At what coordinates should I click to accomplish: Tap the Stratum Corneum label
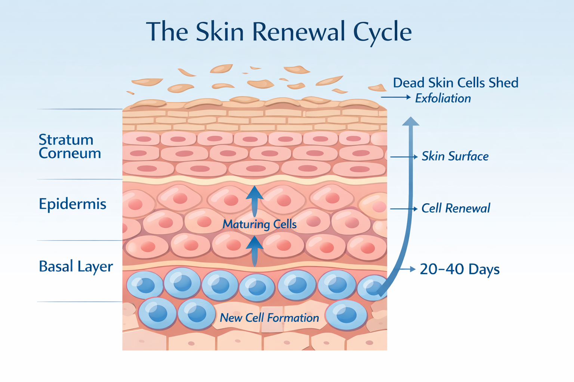[x=70, y=146]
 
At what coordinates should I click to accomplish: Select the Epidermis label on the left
[x=72, y=204]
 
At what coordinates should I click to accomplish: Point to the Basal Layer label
[x=75, y=267]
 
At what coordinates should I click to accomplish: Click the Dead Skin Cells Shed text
[x=456, y=83]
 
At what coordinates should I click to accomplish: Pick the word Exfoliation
[x=443, y=98]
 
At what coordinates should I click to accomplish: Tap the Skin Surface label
[x=455, y=156]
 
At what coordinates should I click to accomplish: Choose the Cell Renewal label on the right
[x=456, y=208]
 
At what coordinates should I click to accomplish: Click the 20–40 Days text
[x=460, y=269]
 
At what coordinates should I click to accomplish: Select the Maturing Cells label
[x=259, y=224]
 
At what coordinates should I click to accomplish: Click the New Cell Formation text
[x=269, y=318]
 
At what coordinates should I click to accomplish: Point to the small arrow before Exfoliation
[x=396, y=97]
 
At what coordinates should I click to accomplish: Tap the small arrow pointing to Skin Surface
[x=404, y=157]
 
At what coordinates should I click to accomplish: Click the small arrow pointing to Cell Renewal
[x=404, y=209]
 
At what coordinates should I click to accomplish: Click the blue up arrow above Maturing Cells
[x=254, y=200]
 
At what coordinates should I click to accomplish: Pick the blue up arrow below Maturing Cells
[x=254, y=250]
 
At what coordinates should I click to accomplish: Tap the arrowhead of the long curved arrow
[x=410, y=122]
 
